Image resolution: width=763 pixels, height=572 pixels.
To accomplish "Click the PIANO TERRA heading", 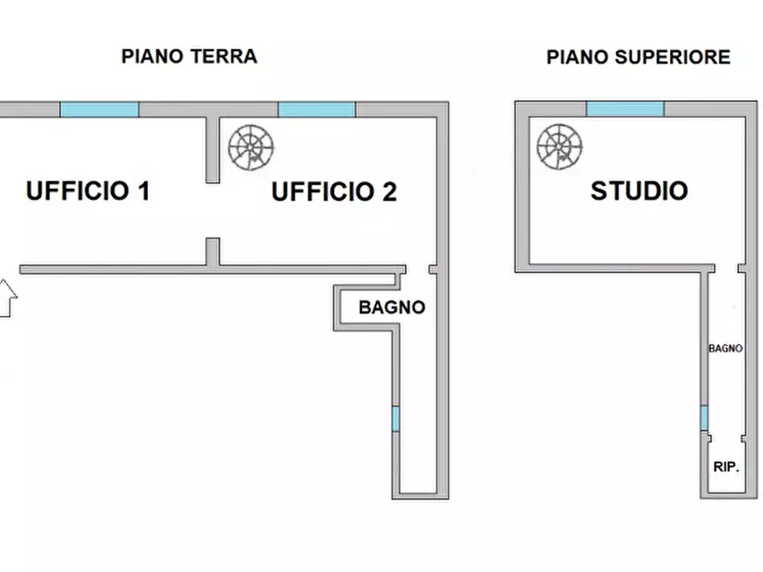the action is click(189, 56).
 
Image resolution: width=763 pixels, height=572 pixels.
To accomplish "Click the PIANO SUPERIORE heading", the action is click(638, 57).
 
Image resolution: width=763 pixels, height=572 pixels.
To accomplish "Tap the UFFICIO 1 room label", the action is click(88, 190).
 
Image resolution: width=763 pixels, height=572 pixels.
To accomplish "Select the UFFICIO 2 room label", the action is click(334, 191).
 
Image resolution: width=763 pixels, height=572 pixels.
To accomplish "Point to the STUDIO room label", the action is click(639, 190).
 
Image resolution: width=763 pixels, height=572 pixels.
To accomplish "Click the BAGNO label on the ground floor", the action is click(391, 307).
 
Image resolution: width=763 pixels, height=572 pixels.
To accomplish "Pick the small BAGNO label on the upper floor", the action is click(725, 348).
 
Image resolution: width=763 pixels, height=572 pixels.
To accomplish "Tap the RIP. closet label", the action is click(726, 467).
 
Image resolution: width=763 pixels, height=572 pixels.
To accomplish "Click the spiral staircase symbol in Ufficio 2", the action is click(250, 148).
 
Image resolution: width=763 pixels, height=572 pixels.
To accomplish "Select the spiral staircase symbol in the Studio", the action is click(559, 146).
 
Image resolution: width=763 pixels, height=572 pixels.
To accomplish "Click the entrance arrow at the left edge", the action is click(8, 298).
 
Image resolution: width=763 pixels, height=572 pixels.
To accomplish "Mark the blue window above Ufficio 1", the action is click(99, 109).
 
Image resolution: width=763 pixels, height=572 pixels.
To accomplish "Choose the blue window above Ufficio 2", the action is click(316, 109).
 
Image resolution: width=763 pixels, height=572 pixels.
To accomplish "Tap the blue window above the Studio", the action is click(625, 108).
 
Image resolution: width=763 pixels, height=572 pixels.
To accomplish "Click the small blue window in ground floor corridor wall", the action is click(396, 419).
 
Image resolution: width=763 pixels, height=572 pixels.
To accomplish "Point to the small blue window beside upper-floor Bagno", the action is click(704, 417).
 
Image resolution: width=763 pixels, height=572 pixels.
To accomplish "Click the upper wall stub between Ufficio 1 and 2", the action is click(213, 149).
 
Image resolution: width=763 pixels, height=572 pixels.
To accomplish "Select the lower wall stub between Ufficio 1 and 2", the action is click(213, 252).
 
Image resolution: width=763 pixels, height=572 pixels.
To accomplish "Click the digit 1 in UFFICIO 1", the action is click(144, 190).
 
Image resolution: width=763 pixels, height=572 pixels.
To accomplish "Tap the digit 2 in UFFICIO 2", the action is click(390, 191).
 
